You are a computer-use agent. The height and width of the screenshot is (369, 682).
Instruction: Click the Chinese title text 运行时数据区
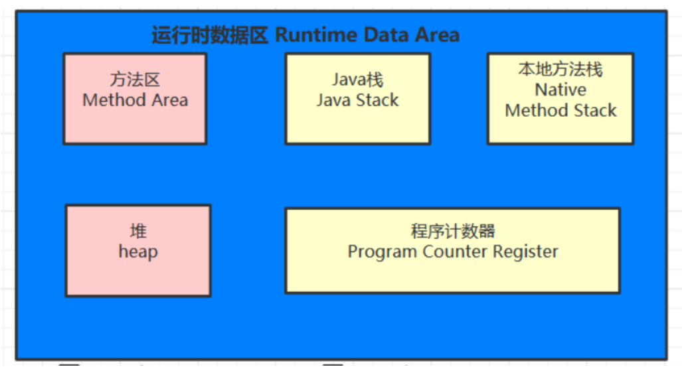coord(209,35)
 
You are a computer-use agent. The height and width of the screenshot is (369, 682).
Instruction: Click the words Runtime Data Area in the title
coord(367,35)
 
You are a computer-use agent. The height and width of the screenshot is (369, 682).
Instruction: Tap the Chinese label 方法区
coord(135,80)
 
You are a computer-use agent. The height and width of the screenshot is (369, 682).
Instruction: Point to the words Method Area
coord(135,100)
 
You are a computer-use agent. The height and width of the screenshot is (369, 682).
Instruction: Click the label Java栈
coord(357,80)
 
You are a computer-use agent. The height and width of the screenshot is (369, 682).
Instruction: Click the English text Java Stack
coord(357,100)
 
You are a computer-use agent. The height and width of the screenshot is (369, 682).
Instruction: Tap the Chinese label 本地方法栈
coord(560,70)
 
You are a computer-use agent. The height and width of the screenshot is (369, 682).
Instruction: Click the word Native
coord(560,90)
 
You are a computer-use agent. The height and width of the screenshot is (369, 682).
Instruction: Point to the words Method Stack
coord(560,110)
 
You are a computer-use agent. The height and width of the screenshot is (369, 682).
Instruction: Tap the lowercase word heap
coord(138,252)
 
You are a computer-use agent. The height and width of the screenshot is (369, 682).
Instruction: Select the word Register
coord(525,252)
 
